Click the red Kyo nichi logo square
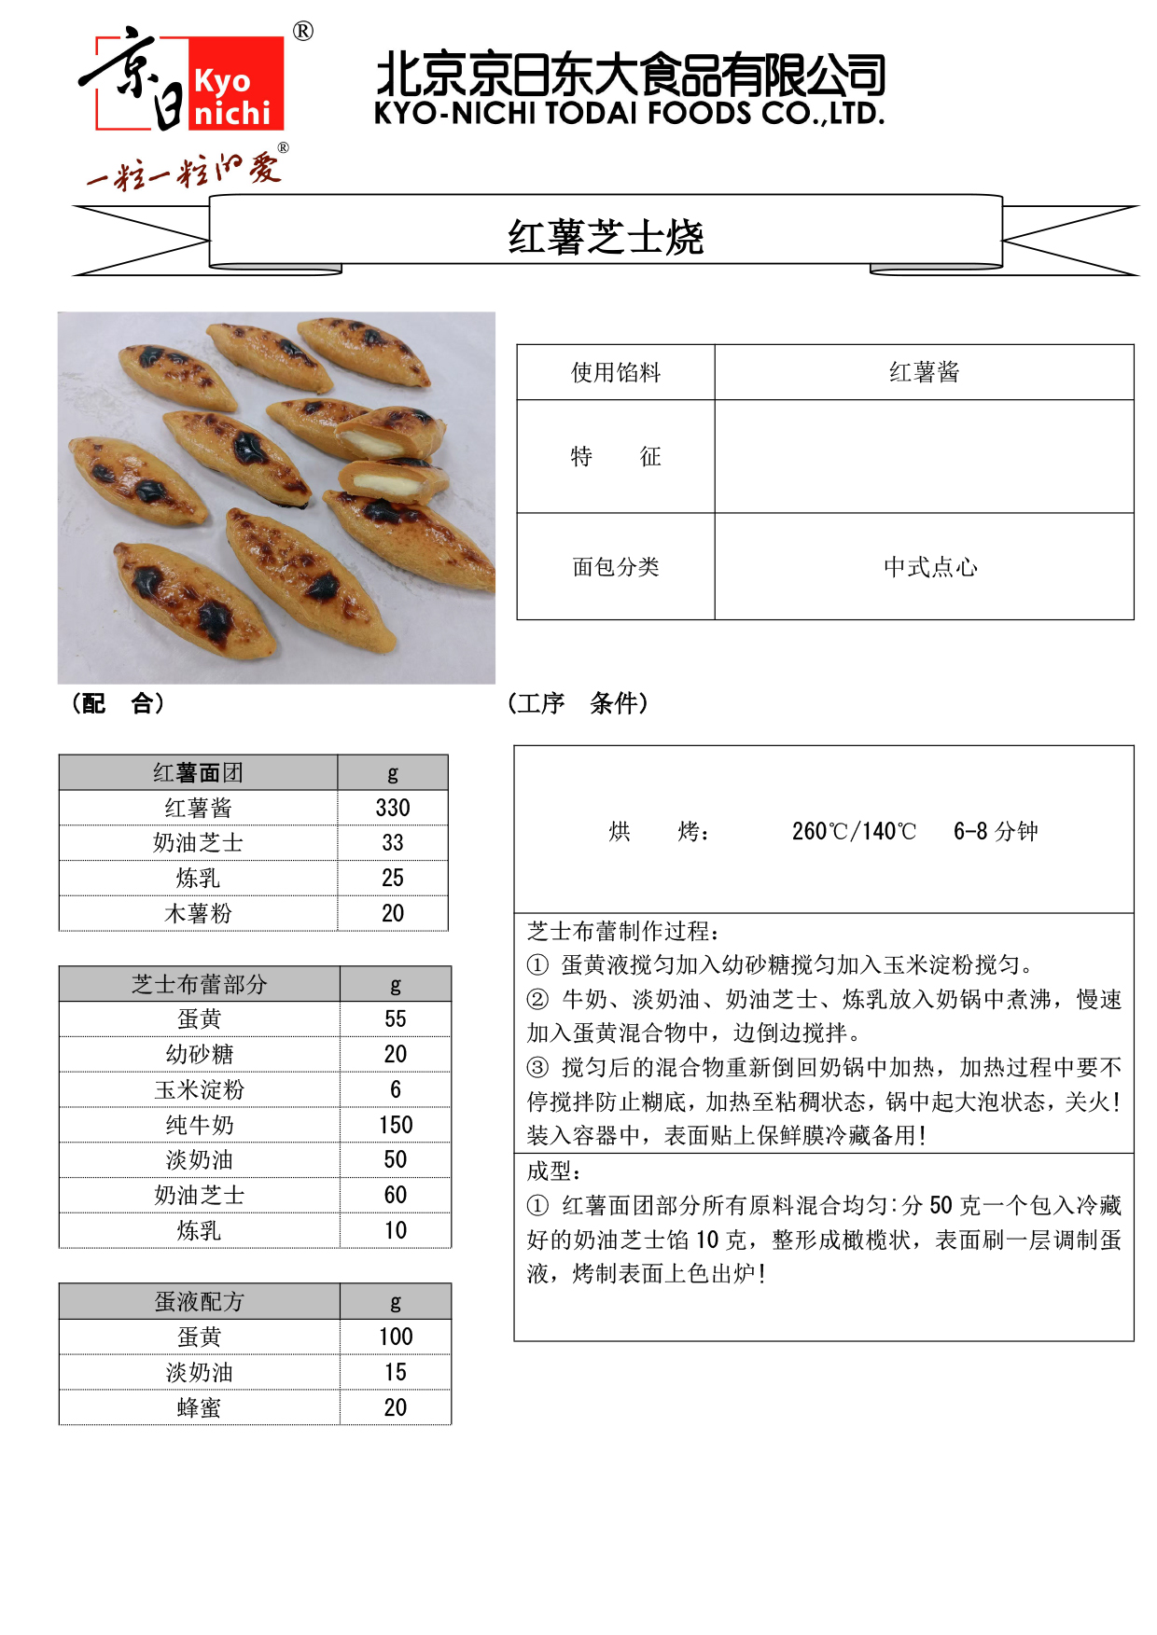pos(236,84)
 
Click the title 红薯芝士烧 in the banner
pos(606,237)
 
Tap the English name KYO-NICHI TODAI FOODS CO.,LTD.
pos(629,114)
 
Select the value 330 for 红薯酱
pos(393,808)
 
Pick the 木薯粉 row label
pos(198,914)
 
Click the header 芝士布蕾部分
pos(199,984)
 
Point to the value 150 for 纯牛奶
pos(396,1125)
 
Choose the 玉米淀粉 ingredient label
pos(199,1089)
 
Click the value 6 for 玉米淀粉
pos(396,1089)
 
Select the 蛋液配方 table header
pos(199,1301)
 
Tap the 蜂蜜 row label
pos(199,1407)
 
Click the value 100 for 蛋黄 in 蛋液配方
pos(396,1337)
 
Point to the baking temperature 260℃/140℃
pos(854,831)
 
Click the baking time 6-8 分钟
pos(995,831)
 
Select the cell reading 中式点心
pos(930,567)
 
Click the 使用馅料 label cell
pos(616,373)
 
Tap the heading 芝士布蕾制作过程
pos(623,931)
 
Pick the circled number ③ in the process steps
pos(538,1067)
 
